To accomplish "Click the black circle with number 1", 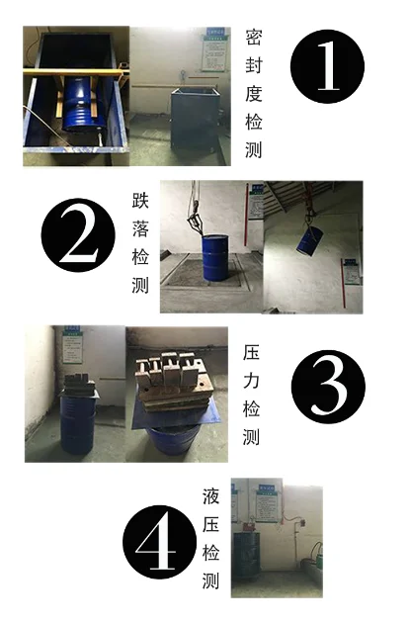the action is point(327,66).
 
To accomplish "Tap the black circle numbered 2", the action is point(78,235).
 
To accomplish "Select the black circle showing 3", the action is point(328,387).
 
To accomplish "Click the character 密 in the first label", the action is point(254,37).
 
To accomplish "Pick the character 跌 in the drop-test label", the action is point(140,200).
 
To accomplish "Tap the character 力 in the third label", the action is point(251,381).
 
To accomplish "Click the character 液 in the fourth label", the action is point(210,496).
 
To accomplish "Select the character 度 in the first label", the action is point(254,94).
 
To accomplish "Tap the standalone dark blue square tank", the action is point(196,120).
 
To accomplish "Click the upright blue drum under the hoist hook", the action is point(215,257).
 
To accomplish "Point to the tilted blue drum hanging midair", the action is point(310,240).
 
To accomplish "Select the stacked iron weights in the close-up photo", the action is point(173,382).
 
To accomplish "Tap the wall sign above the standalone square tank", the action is point(215,49).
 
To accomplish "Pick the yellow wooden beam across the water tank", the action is point(74,72).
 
